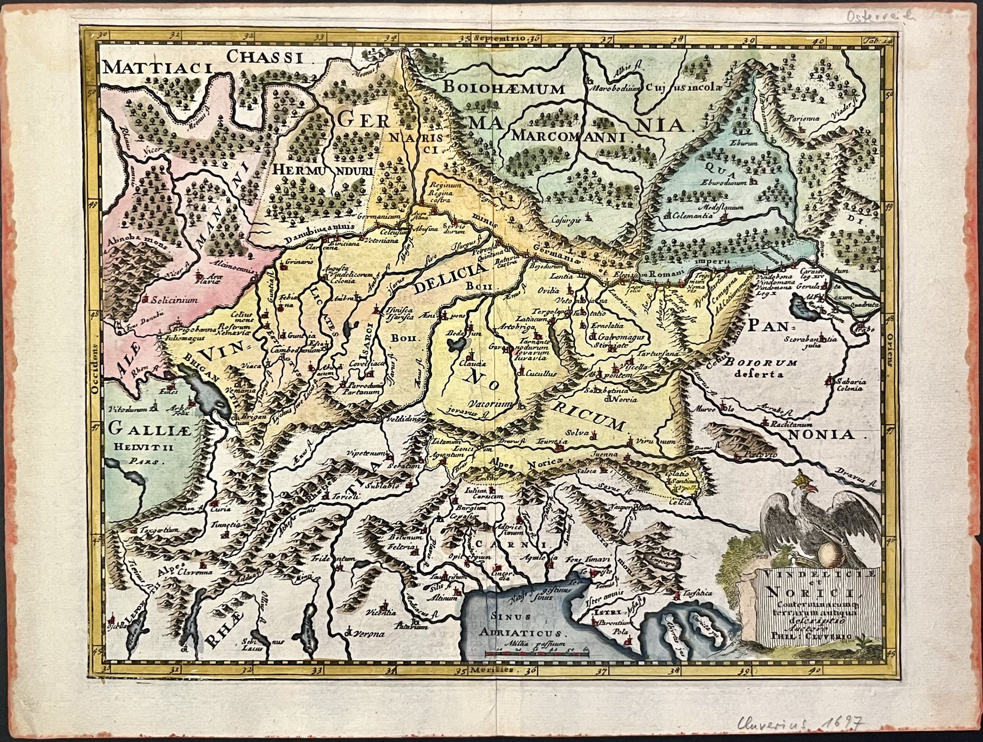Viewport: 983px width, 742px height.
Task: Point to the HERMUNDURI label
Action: coord(323,171)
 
